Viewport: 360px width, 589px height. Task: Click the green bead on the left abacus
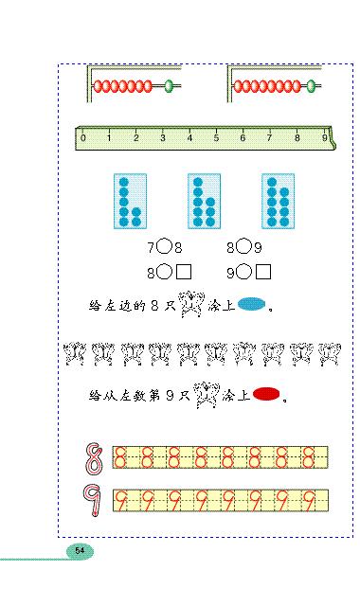coord(170,86)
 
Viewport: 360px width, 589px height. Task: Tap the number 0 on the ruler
coord(83,138)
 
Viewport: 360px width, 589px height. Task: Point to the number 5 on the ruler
coord(217,138)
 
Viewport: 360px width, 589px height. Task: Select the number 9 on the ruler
coord(324,138)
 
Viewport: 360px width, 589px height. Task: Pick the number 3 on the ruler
coord(163,138)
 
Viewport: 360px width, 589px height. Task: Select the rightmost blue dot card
coord(278,201)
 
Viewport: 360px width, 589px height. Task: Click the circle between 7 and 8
coord(165,247)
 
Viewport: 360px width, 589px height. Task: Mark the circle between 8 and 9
coord(244,247)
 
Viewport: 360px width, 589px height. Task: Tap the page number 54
coord(80,550)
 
